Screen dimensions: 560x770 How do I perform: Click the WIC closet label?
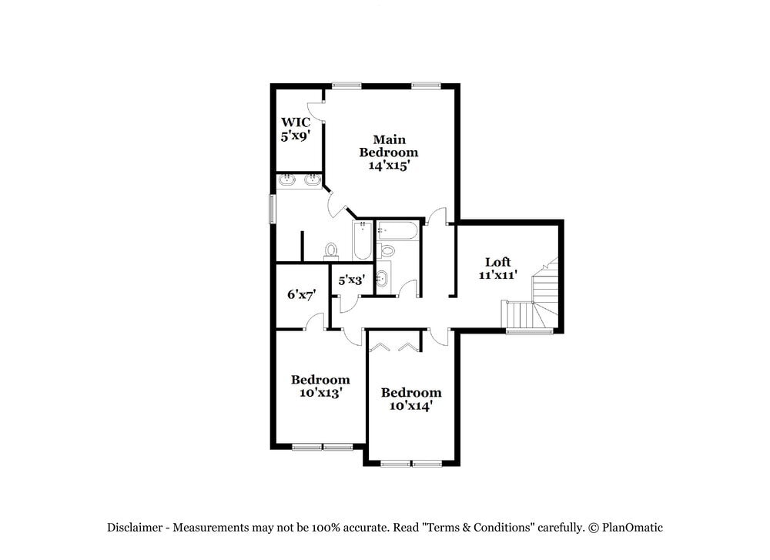(x=296, y=122)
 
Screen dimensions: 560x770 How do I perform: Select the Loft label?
(x=497, y=262)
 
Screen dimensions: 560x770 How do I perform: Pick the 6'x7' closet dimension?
(x=302, y=294)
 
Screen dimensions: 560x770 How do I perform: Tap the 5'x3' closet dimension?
(x=352, y=280)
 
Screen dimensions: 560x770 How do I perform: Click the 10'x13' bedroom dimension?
(x=320, y=392)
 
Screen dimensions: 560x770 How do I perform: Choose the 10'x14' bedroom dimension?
(x=411, y=405)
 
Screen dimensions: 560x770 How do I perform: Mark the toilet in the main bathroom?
(x=332, y=250)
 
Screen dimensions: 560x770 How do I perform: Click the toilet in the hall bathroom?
(x=387, y=250)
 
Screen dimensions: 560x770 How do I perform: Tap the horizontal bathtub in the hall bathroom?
(x=398, y=230)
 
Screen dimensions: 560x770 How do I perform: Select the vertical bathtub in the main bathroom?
(x=362, y=240)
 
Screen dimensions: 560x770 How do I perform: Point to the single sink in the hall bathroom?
(x=382, y=278)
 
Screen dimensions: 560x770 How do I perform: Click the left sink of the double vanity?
(x=287, y=180)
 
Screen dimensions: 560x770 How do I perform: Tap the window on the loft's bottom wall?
(x=529, y=331)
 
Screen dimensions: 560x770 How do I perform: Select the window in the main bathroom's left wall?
(x=272, y=209)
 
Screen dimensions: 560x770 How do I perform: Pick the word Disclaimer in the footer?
(x=134, y=528)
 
